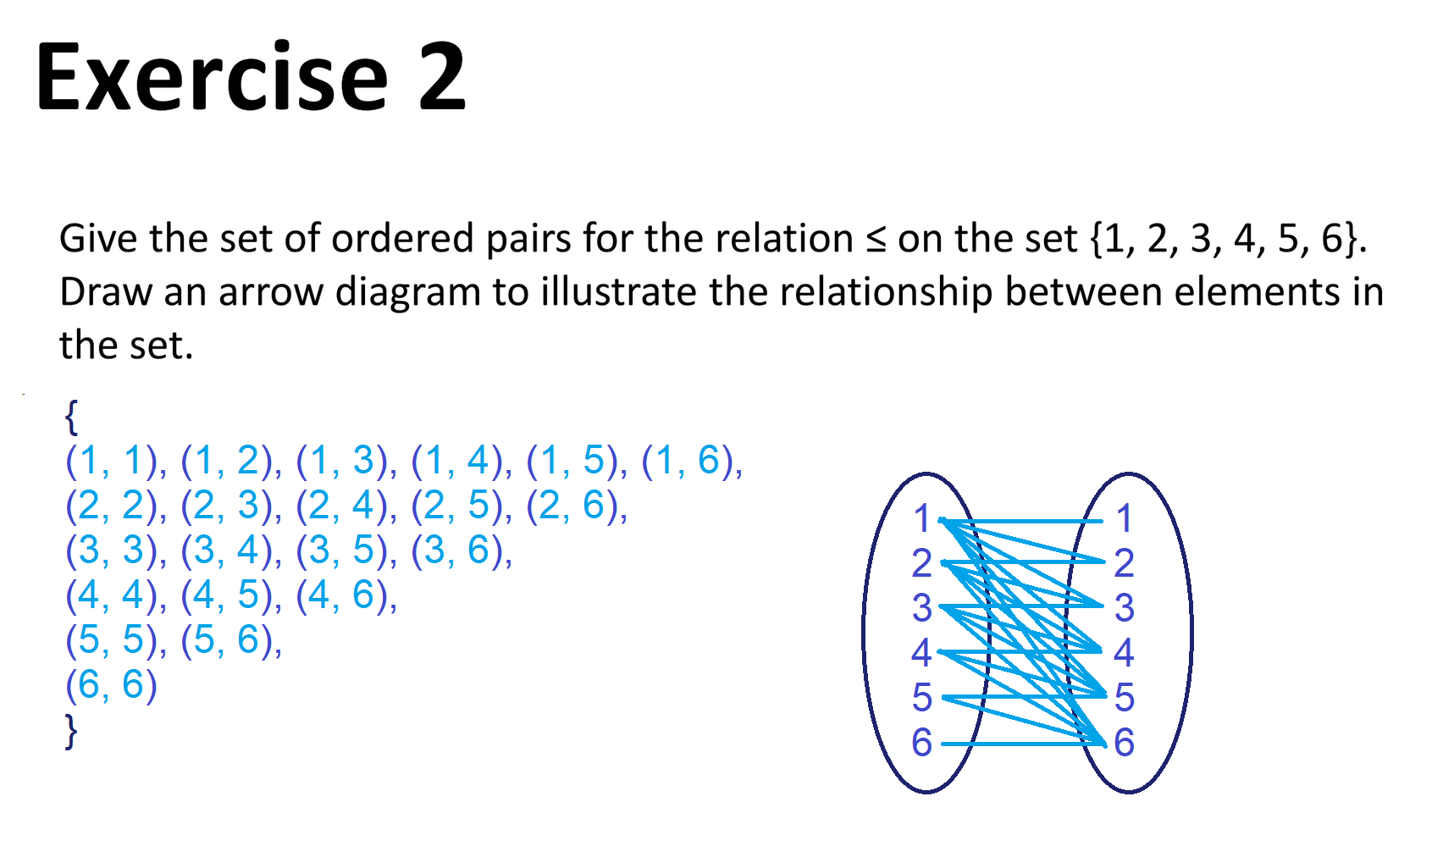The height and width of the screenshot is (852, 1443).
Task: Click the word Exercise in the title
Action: click(x=212, y=78)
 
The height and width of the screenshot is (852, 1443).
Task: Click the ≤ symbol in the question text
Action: click(x=876, y=240)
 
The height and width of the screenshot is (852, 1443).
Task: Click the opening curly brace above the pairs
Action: click(x=72, y=416)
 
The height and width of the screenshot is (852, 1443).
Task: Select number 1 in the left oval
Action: click(x=921, y=519)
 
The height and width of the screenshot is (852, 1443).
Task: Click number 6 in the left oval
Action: click(x=921, y=743)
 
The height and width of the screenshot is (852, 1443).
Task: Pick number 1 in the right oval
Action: click(x=1124, y=519)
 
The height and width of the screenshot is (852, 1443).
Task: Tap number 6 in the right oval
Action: click(x=1124, y=743)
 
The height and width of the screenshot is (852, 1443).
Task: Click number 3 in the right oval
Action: click(x=1124, y=608)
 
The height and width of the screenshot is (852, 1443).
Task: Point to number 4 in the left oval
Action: click(x=921, y=653)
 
